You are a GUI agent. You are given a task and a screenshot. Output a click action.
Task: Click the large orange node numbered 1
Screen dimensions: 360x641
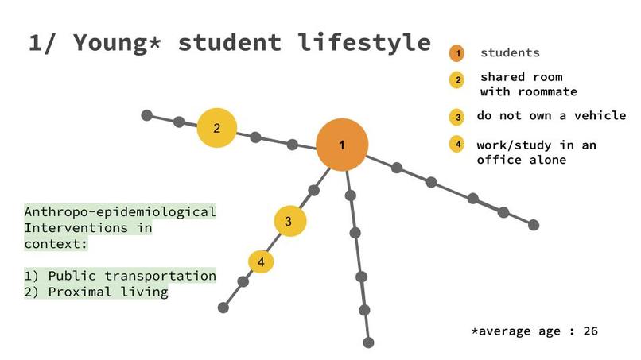coord(342,145)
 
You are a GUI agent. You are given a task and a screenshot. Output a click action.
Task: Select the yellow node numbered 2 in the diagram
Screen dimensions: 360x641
coord(217,128)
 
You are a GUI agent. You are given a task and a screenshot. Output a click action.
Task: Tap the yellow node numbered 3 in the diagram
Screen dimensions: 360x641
coord(289,220)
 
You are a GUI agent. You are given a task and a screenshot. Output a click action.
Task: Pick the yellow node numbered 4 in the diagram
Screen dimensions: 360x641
coord(261,261)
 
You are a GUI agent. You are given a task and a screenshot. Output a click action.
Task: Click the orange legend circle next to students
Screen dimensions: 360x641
coord(456,53)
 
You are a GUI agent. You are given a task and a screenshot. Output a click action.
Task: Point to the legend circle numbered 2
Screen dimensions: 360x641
coord(457,80)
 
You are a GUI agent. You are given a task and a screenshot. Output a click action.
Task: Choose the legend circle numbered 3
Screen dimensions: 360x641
coord(457,117)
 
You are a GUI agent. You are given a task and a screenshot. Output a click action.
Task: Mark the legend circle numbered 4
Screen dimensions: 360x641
coord(457,144)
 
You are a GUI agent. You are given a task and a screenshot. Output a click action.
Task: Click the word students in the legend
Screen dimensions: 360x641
coord(510,53)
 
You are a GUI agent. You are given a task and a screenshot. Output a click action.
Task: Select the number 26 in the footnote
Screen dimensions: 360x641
coord(590,331)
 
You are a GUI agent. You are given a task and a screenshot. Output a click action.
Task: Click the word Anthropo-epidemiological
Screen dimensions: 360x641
coord(120,212)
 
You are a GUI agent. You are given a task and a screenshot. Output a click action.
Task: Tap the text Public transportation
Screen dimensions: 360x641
coord(132,276)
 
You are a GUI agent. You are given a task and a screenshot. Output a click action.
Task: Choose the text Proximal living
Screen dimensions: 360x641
coord(108,292)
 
